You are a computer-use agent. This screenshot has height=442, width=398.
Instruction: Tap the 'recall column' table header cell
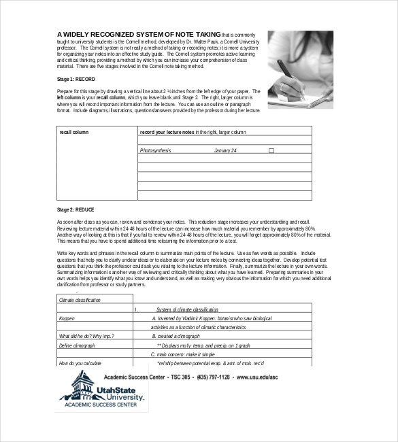click(x=74, y=132)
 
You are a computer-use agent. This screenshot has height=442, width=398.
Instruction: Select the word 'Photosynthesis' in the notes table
click(x=155, y=150)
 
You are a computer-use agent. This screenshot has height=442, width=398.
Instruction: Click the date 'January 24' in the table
click(x=225, y=150)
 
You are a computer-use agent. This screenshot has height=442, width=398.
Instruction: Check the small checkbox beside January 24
click(x=271, y=150)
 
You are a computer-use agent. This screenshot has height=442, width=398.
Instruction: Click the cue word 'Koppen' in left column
click(x=67, y=318)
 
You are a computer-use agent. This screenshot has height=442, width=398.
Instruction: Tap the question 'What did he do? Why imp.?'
click(x=85, y=336)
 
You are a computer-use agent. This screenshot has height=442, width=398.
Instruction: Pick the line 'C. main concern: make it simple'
click(x=182, y=354)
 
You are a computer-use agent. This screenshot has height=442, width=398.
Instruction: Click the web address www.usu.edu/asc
click(x=261, y=376)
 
